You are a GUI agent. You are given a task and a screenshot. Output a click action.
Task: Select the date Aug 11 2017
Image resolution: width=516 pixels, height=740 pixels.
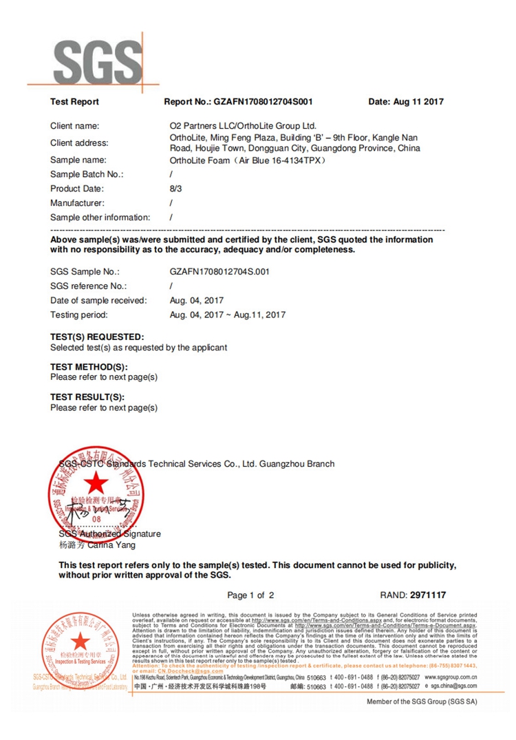(x=406, y=102)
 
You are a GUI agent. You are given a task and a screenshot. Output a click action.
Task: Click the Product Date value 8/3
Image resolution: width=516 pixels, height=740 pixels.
(x=175, y=189)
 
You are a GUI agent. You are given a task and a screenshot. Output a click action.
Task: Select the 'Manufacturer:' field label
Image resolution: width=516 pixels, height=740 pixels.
(x=78, y=203)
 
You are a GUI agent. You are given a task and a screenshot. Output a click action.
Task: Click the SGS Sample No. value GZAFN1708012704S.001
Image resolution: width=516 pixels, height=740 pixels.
(x=219, y=272)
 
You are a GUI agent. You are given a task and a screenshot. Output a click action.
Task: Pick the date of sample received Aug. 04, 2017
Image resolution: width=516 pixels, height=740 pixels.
(x=196, y=300)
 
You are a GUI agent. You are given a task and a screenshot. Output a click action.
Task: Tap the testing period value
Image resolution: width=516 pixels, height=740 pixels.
(x=227, y=315)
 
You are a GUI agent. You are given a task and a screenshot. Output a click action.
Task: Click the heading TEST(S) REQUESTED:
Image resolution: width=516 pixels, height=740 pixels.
(x=97, y=337)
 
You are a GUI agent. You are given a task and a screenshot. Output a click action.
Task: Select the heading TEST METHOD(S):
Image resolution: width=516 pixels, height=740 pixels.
(x=89, y=367)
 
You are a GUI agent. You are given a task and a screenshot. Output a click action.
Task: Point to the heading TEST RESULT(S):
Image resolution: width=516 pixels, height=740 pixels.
(x=87, y=397)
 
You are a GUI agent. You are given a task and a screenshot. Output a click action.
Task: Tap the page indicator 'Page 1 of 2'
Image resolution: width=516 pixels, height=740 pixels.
(x=250, y=595)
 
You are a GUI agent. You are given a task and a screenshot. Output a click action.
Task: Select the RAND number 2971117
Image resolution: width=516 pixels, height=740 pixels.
(x=428, y=595)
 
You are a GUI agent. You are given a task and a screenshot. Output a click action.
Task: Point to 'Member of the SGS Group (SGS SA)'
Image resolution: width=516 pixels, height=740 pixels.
(x=421, y=702)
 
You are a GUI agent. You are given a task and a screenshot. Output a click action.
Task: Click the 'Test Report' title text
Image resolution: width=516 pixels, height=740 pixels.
(x=74, y=102)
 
